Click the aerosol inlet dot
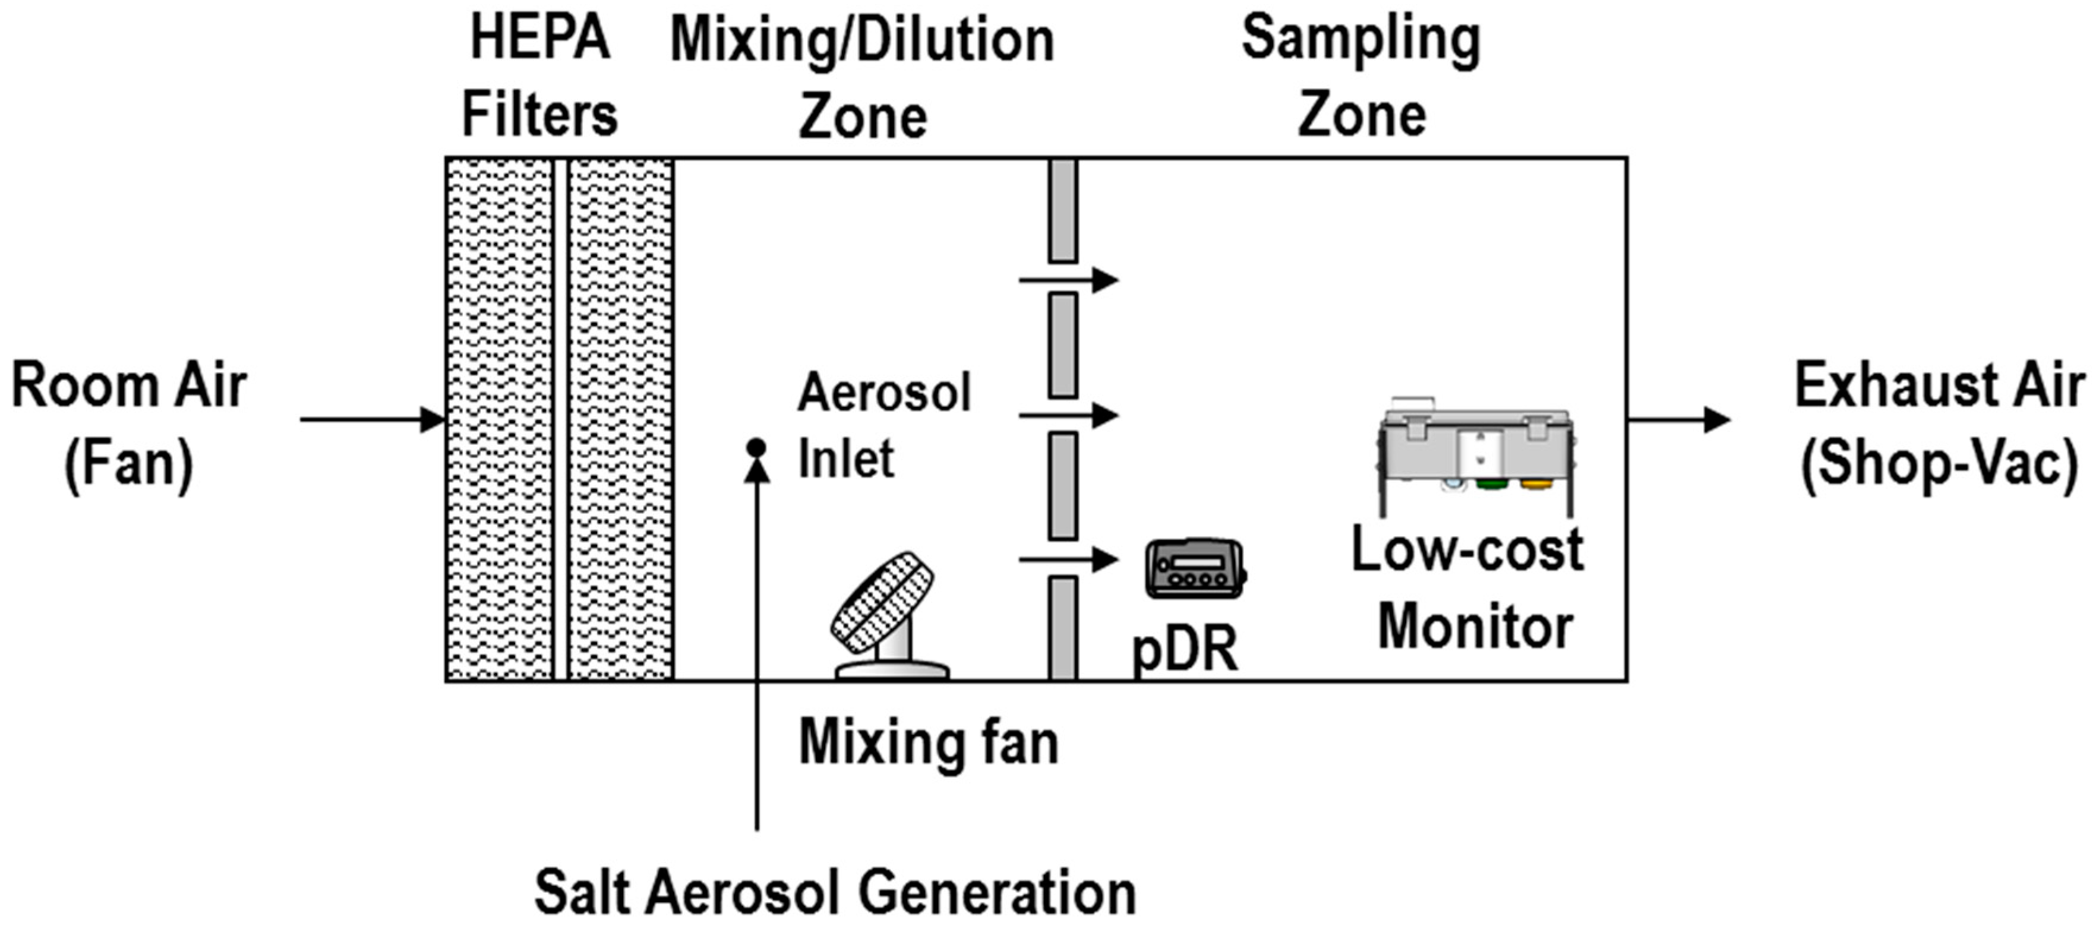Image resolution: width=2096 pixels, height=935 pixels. [756, 447]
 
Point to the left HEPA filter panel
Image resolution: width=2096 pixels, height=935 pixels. [500, 419]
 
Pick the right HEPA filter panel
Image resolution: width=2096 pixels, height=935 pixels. [621, 419]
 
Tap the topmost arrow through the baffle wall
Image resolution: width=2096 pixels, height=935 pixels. [1068, 280]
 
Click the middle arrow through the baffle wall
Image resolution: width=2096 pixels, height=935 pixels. [1068, 415]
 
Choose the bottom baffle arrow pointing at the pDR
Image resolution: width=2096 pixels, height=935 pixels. [1068, 560]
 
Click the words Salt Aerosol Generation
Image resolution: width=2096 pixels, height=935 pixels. [835, 893]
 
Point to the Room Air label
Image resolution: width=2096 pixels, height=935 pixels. [128, 386]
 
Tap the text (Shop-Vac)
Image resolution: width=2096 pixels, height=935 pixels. [1940, 464]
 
